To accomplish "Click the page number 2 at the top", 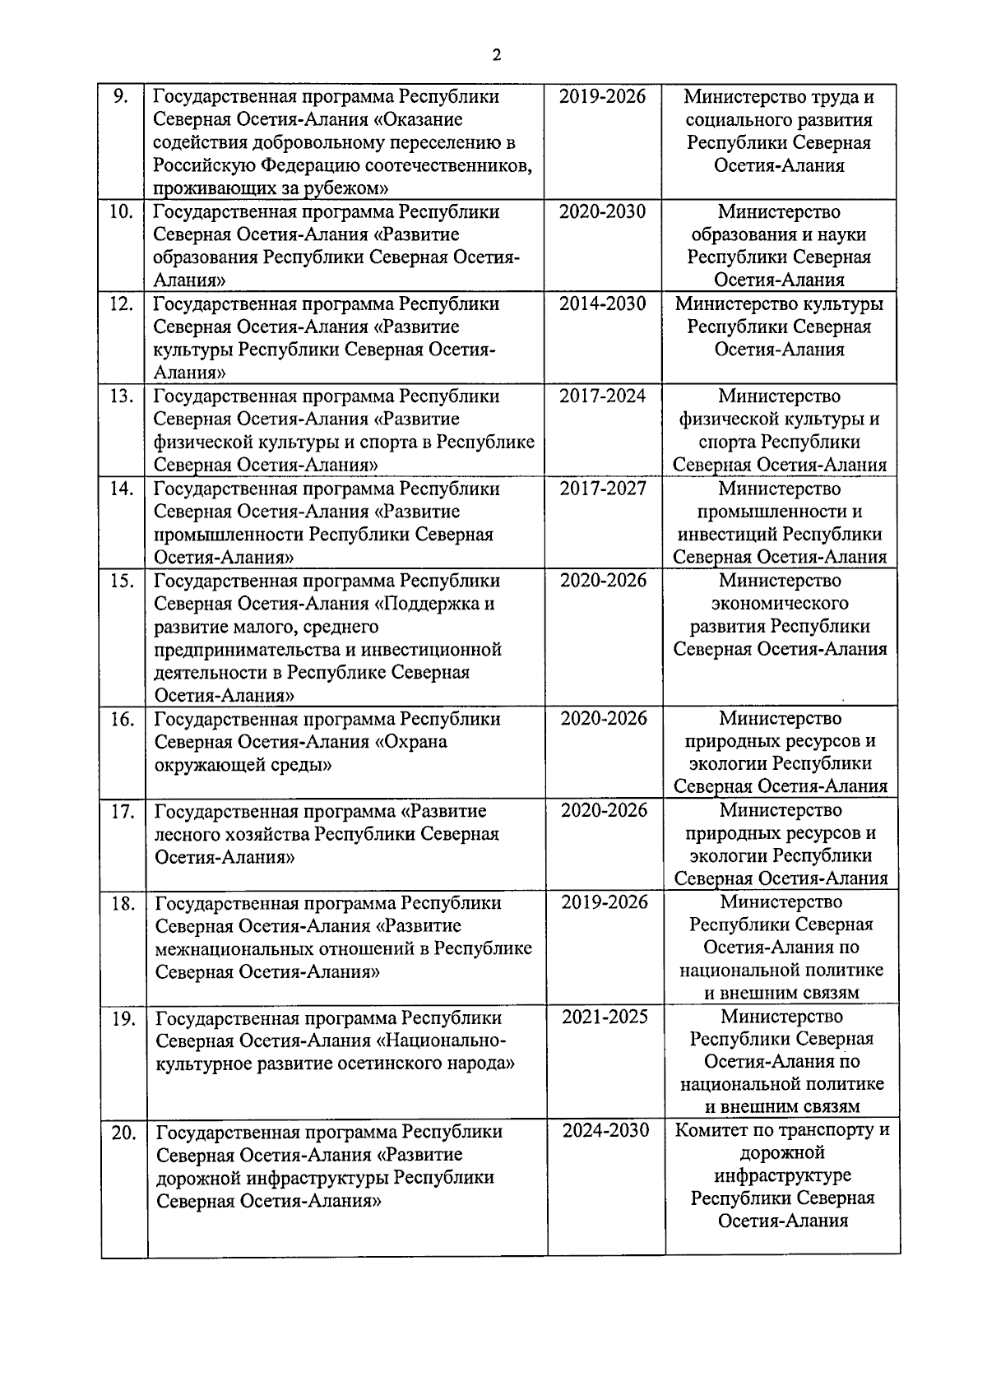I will click(x=496, y=56).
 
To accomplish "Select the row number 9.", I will click(x=120, y=96).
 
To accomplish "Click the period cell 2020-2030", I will click(x=603, y=211).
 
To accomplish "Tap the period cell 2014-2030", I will click(x=603, y=304).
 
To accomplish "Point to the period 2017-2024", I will click(x=603, y=396).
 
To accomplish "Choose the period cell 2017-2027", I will click(x=603, y=488).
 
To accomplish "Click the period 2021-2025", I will click(x=605, y=1017).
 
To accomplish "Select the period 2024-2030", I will click(x=605, y=1130).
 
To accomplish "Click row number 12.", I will click(x=121, y=304).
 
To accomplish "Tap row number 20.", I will click(x=123, y=1133).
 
